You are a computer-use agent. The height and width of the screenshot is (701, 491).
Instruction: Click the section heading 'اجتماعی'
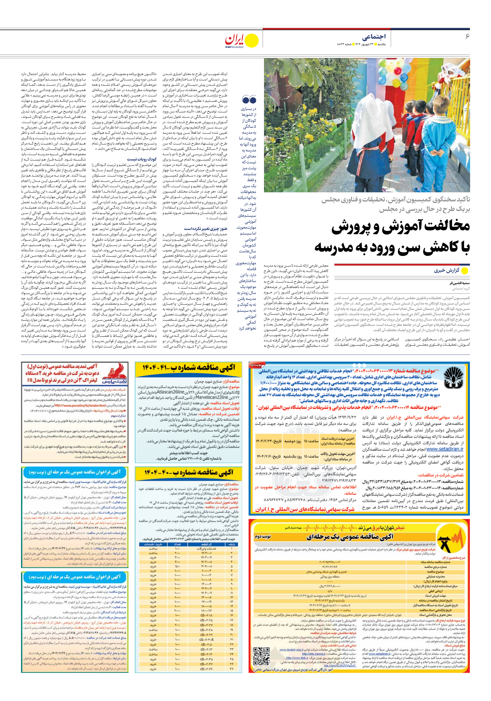click(x=374, y=37)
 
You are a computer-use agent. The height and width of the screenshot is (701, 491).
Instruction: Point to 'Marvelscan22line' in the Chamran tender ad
click(x=214, y=397)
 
